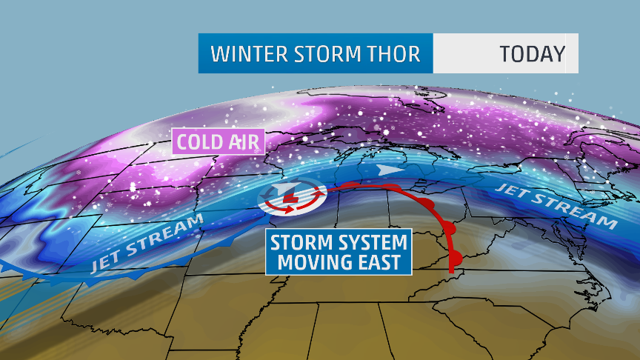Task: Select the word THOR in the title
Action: click(x=396, y=54)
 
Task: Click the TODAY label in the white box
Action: click(x=532, y=54)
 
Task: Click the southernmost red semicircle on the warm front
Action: click(x=456, y=257)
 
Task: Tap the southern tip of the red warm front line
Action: click(x=450, y=276)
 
